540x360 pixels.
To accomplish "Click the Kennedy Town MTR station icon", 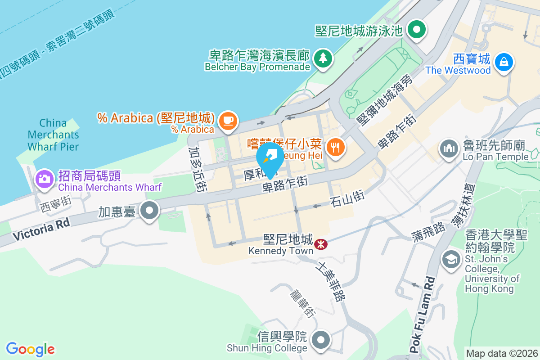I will coord(321,244).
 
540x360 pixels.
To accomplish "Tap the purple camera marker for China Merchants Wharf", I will coord(45,179).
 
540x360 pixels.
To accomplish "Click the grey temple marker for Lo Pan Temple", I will coord(448,148).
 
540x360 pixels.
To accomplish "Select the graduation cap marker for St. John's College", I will coord(450,259).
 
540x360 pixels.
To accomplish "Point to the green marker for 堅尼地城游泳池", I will coord(417,30).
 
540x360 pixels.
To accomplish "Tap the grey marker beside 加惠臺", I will coord(149,210).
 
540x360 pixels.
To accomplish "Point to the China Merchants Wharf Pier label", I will coord(53,135).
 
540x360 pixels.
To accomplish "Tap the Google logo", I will coord(31,349).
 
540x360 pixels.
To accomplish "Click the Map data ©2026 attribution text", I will coord(501,353).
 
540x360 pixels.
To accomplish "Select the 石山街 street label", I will coord(346,198).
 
